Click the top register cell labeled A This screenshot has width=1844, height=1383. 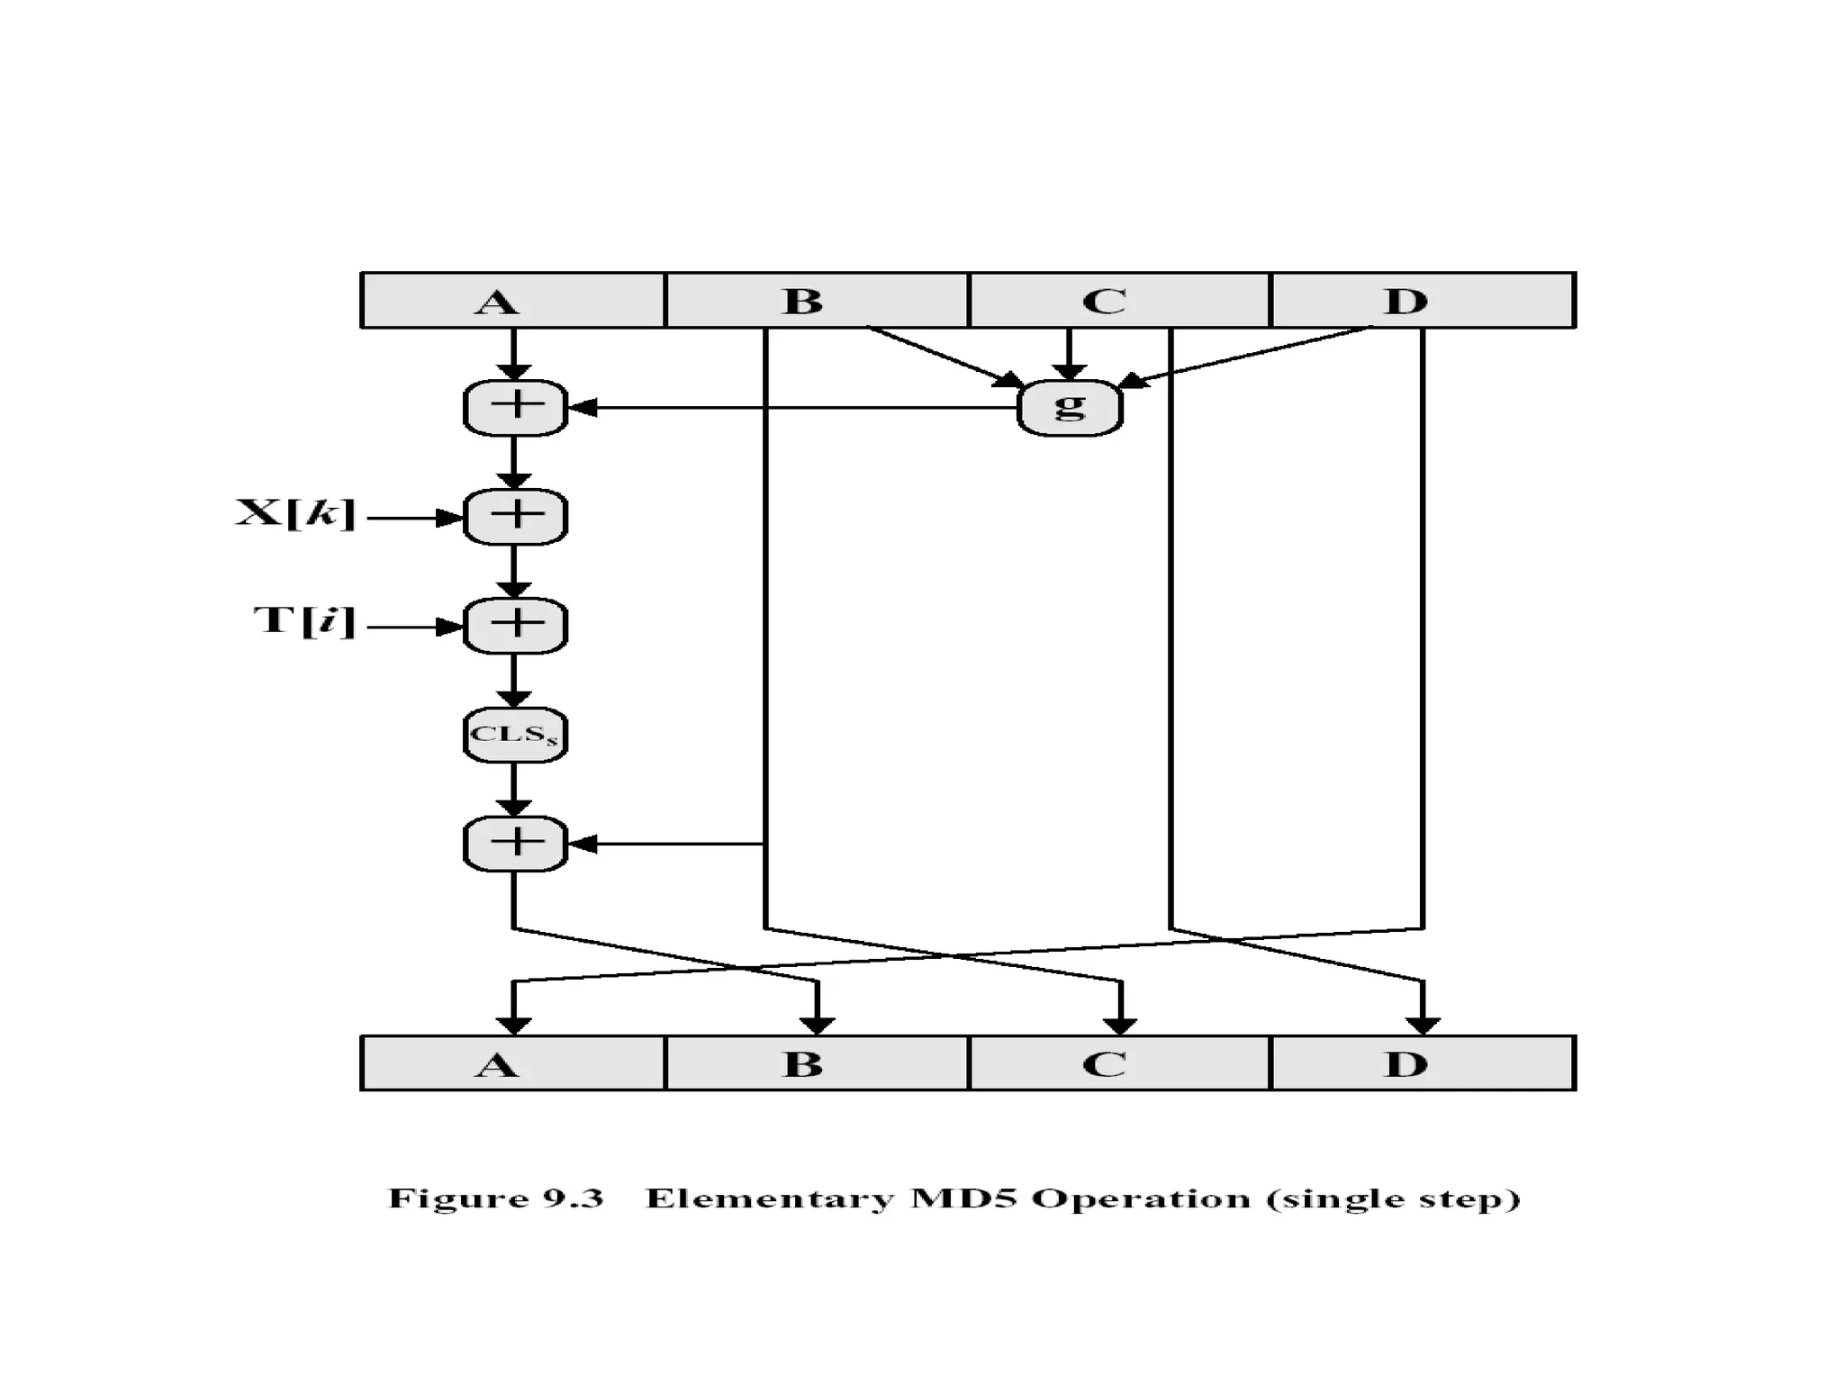pyautogui.click(x=512, y=301)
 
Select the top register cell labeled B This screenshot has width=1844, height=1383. pyautogui.click(x=816, y=301)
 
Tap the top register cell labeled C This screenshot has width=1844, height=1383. pyautogui.click(x=1118, y=301)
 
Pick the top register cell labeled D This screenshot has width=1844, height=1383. pyautogui.click(x=1422, y=301)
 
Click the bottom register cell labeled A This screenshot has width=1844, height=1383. pyautogui.click(x=512, y=1064)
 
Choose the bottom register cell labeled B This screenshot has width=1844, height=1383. pyautogui.click(x=816, y=1064)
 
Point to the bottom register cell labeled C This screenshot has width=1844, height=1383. pyautogui.click(x=1118, y=1064)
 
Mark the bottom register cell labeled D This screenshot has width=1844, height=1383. pyautogui.click(x=1422, y=1064)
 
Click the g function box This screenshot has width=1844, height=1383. pyautogui.click(x=1069, y=408)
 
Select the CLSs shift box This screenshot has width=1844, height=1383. pyautogui.click(x=515, y=735)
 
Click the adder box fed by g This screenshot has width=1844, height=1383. pyautogui.click(x=515, y=408)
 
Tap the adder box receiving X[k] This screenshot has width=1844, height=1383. pyautogui.click(x=515, y=517)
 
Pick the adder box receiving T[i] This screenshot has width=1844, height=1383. pyautogui.click(x=515, y=626)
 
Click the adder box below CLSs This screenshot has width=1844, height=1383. pyautogui.click(x=515, y=844)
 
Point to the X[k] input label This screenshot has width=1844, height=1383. pyautogui.click(x=295, y=514)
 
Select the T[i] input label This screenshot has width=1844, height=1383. pyautogui.click(x=304, y=621)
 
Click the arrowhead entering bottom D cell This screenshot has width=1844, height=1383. pyautogui.click(x=1422, y=1026)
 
